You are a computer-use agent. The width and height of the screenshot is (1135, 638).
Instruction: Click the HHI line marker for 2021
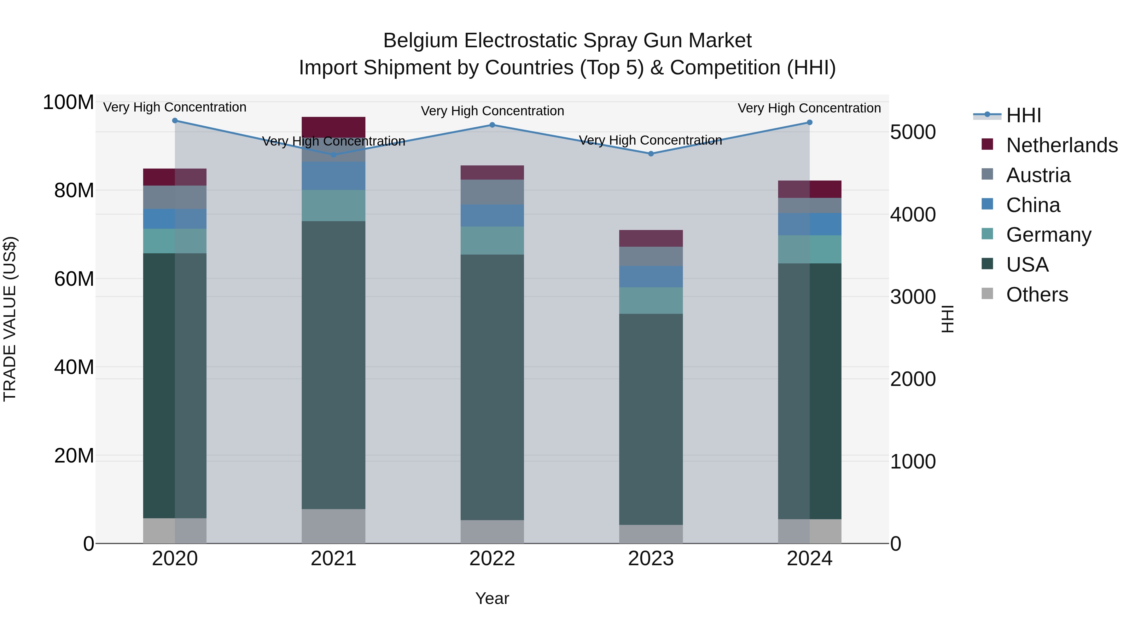click(x=334, y=155)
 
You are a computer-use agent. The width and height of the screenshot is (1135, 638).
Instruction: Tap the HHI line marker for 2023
click(x=651, y=154)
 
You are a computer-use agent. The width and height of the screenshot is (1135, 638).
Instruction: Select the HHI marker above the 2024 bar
click(x=809, y=123)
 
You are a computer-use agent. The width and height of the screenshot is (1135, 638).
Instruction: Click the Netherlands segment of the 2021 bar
click(x=334, y=127)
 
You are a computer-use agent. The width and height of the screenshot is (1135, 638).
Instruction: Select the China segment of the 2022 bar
click(x=492, y=215)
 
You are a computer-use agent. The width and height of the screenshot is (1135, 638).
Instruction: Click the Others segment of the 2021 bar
click(x=334, y=526)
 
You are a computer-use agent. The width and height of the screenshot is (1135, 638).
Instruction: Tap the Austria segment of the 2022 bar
click(x=492, y=192)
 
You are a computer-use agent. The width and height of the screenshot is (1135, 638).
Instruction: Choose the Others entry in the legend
click(x=1037, y=295)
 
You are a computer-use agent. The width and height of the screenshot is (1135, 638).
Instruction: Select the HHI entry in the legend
click(x=1023, y=115)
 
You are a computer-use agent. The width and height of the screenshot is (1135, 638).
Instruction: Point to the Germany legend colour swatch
click(x=987, y=234)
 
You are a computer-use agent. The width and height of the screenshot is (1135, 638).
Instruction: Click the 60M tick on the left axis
click(x=74, y=279)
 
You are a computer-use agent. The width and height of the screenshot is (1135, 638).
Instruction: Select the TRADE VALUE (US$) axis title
click(x=10, y=319)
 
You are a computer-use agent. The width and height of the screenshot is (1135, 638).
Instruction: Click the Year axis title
click(x=492, y=598)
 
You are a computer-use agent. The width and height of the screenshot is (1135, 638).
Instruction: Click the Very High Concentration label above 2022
click(x=492, y=111)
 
